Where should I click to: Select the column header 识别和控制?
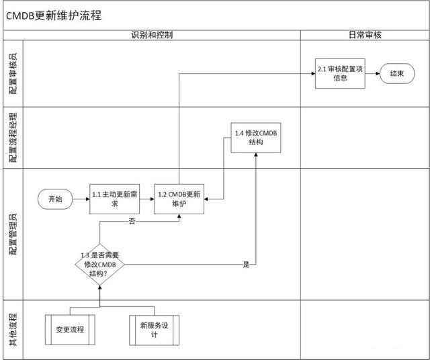point(152,34)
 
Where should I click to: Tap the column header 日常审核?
point(365,34)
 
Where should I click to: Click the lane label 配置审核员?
point(13,73)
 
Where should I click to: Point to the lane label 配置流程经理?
point(13,138)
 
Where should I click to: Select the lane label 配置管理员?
point(13,234)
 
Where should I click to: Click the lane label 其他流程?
point(13,329)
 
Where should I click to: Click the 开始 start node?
point(55,199)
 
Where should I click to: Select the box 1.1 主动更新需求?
point(114,199)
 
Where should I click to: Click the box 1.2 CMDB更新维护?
point(178,199)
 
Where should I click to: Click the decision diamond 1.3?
point(99,264)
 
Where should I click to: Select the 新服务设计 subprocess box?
point(154,330)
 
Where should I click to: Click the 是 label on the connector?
point(246,265)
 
